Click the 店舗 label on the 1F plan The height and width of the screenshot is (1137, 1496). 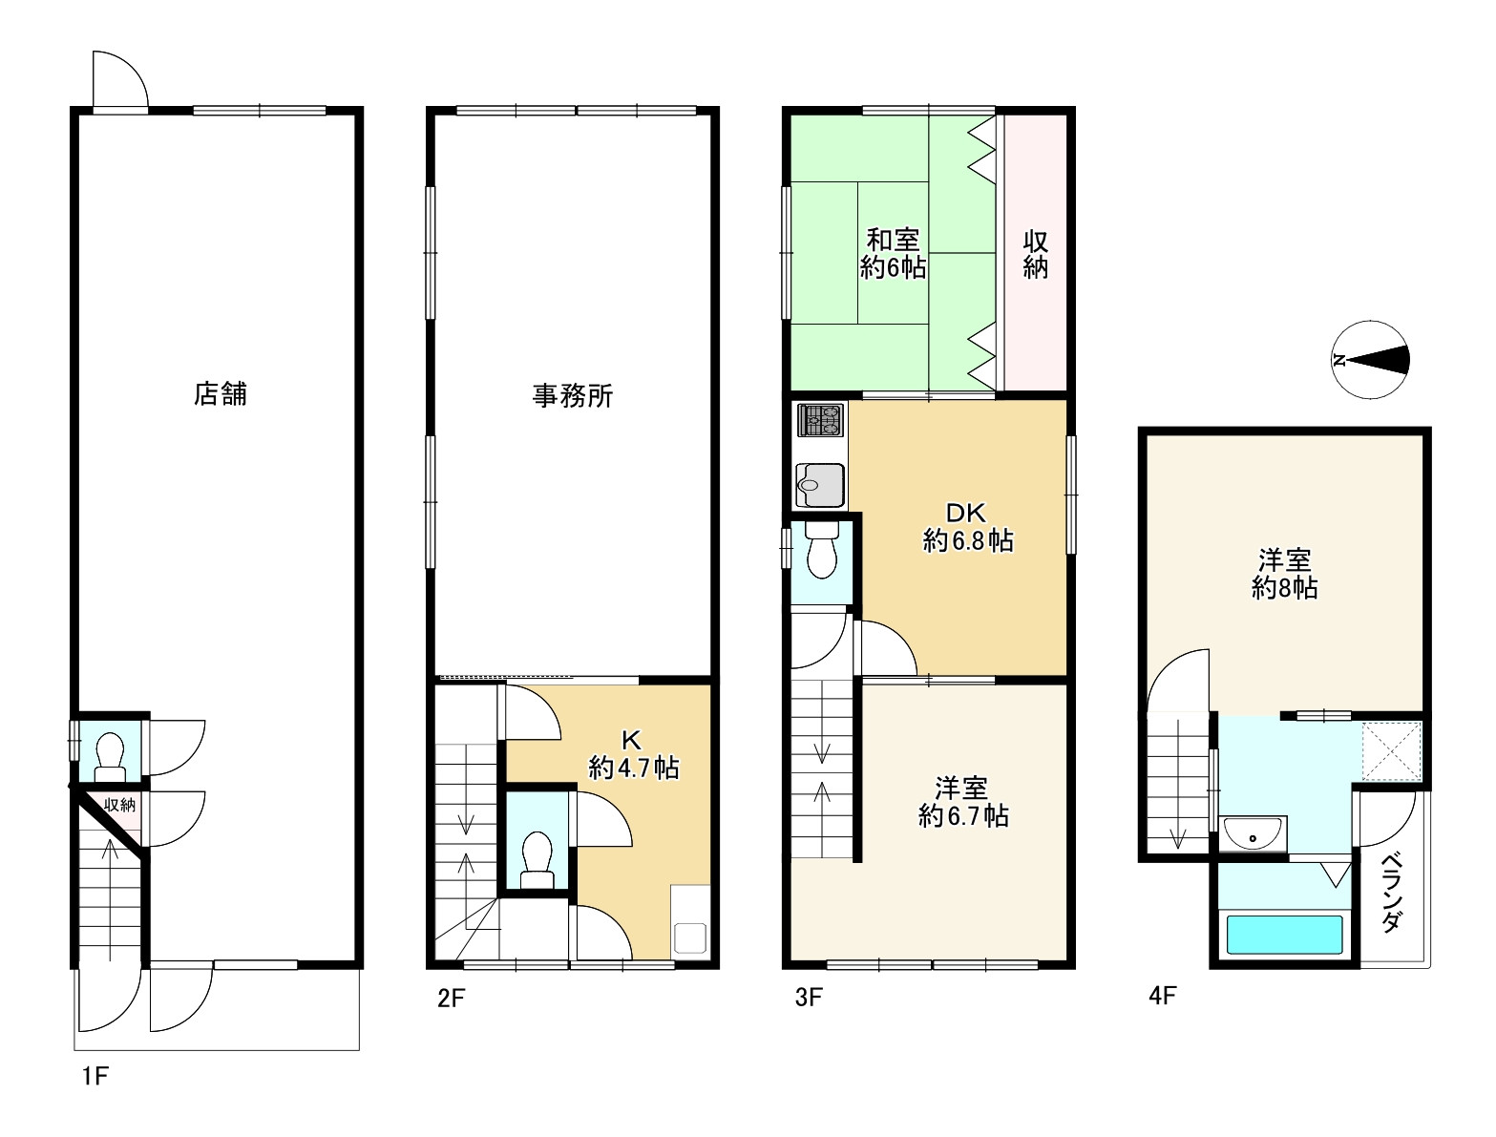221,393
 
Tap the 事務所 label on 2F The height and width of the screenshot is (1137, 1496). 573,396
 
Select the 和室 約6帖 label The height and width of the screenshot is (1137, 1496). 893,253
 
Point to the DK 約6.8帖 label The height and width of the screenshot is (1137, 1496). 968,527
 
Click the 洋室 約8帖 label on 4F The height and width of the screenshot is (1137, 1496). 1285,574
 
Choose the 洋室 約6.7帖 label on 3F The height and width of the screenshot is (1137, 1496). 963,802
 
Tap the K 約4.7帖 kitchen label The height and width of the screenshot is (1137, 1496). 633,754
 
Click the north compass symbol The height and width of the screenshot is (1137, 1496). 1370,360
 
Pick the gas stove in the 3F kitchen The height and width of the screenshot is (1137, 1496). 821,420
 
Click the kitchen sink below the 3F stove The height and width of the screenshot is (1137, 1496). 820,485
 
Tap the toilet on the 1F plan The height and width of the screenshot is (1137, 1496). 110,756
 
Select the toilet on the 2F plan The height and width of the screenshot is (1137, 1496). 537,860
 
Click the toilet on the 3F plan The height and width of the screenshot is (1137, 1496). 822,550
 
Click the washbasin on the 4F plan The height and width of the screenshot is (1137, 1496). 1253,832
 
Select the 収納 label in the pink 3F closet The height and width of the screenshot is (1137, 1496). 1035,255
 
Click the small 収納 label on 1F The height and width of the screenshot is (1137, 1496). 119,805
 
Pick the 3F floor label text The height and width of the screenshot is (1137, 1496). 809,998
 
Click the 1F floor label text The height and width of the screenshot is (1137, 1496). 95,1077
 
